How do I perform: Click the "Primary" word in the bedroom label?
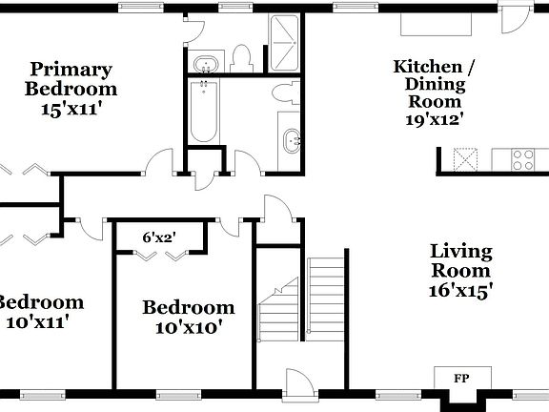pos(71,70)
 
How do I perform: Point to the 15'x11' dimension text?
pos(71,110)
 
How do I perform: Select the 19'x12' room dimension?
pos(434,120)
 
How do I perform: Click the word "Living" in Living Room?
pos(461,252)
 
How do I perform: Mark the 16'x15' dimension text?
pos(461,292)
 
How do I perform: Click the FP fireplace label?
pos(461,377)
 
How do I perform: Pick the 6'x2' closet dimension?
pos(159,237)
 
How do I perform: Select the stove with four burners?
pos(523,158)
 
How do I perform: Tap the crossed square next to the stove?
pos(466,158)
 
